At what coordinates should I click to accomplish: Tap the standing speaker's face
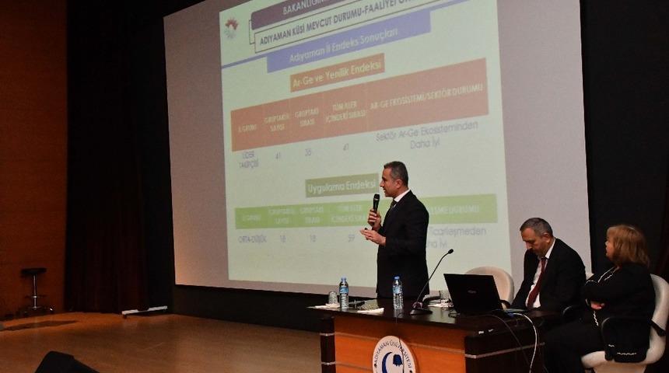click(x=394, y=180)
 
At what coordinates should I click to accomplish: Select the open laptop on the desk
click(x=474, y=294)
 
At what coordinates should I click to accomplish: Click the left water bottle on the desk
click(x=343, y=292)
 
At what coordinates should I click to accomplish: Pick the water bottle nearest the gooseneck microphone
click(x=398, y=292)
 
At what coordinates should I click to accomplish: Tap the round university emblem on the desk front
click(x=394, y=355)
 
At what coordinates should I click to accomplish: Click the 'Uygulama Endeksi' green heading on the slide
click(x=342, y=186)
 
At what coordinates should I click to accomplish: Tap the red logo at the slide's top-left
click(x=232, y=27)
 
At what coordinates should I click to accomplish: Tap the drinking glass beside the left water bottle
click(x=333, y=298)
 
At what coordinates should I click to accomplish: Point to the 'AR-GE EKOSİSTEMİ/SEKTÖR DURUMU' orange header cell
click(x=427, y=96)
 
